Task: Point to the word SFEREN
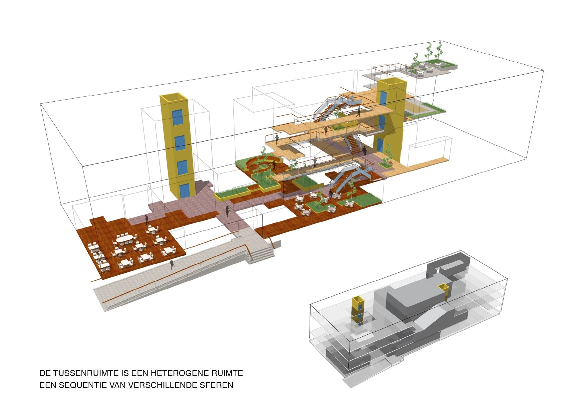tap(216, 385)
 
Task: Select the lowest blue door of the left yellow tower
tap(184, 191)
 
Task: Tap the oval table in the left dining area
tap(124, 238)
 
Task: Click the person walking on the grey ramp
tap(172, 265)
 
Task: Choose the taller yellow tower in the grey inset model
tap(358, 310)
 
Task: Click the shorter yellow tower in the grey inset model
tap(444, 291)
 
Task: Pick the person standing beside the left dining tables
tap(146, 220)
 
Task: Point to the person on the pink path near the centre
tap(228, 211)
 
